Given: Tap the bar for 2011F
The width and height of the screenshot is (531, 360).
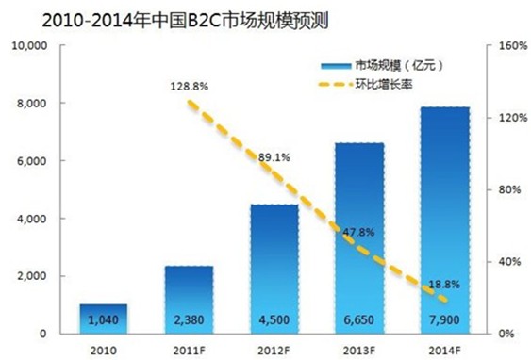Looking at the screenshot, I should (x=189, y=300).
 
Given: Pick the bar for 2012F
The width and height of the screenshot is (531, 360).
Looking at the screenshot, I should (x=274, y=269).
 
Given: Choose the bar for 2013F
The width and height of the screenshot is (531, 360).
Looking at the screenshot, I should (x=359, y=237).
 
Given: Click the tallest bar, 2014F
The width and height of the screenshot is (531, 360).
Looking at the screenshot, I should (x=444, y=220).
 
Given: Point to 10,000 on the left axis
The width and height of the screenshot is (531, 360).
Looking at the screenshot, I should (x=35, y=44).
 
